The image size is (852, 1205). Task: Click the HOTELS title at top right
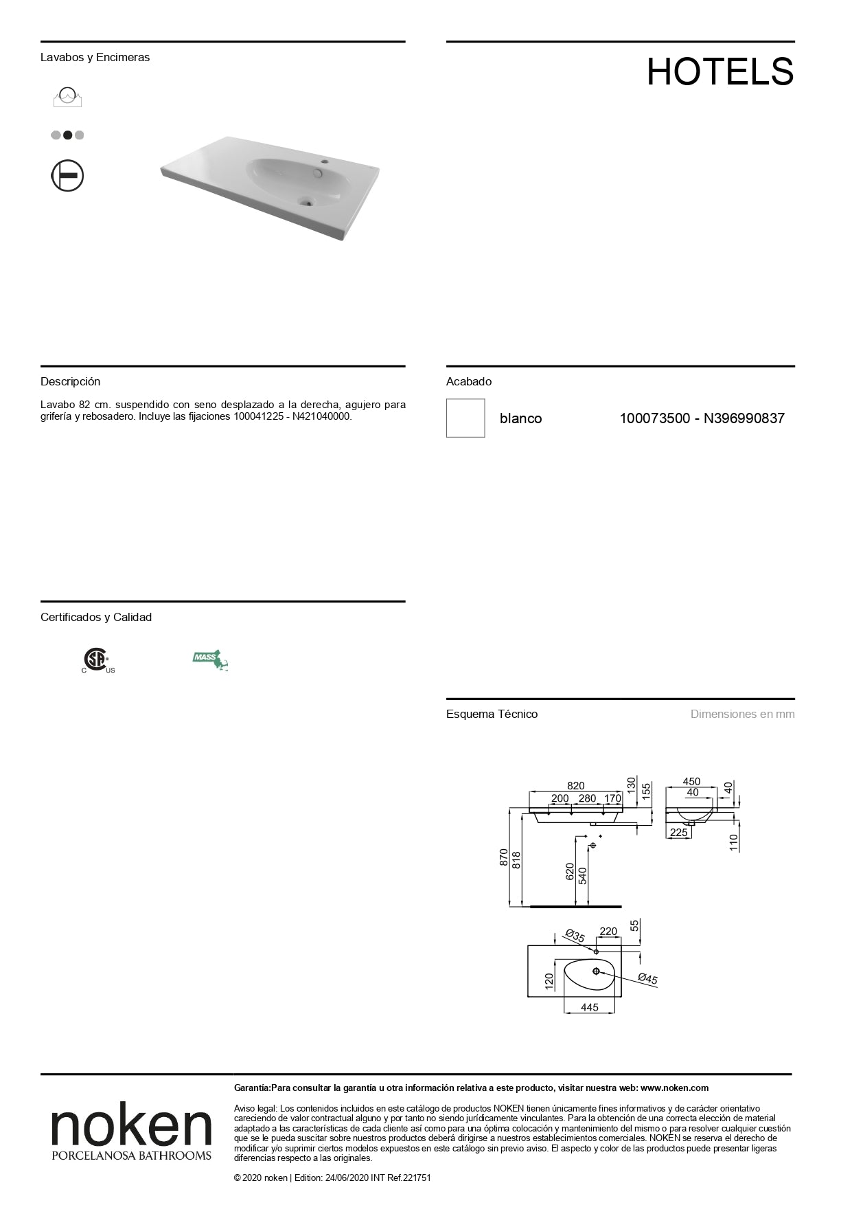(719, 71)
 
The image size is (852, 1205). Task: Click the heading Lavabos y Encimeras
(95, 58)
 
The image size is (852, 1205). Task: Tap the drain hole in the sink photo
(306, 201)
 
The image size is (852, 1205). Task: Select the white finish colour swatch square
(465, 418)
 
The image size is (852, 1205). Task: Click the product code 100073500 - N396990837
(702, 418)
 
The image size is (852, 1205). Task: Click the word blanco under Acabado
(520, 418)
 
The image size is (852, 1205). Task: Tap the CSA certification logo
(97, 660)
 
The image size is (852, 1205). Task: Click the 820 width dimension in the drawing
(575, 786)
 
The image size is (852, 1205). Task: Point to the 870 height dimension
(504, 857)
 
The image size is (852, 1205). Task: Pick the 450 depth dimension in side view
(691, 782)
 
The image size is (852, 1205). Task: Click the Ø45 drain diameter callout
(647, 979)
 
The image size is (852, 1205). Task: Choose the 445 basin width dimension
(589, 1007)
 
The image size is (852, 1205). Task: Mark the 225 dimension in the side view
(678, 833)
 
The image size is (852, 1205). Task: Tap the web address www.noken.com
(674, 1088)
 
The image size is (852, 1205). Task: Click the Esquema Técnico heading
(492, 714)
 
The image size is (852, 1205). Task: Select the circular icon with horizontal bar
(67, 175)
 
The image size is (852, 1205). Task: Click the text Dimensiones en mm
(742, 714)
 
